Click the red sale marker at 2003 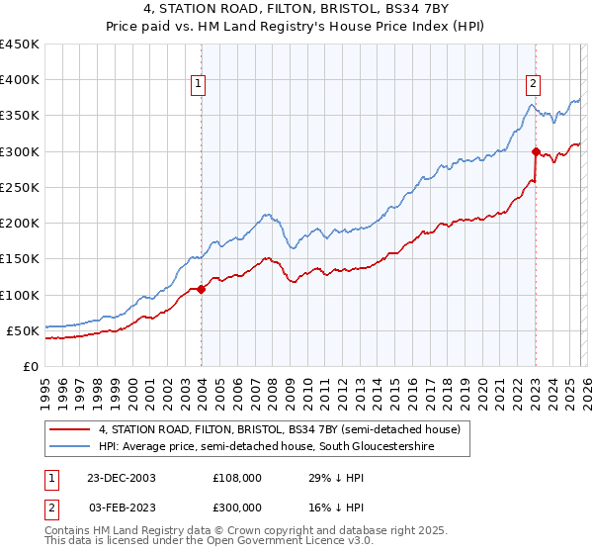(x=202, y=289)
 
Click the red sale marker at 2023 (x=536, y=151)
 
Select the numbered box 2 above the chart (x=534, y=84)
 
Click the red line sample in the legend (x=70, y=430)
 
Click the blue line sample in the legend (x=70, y=448)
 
